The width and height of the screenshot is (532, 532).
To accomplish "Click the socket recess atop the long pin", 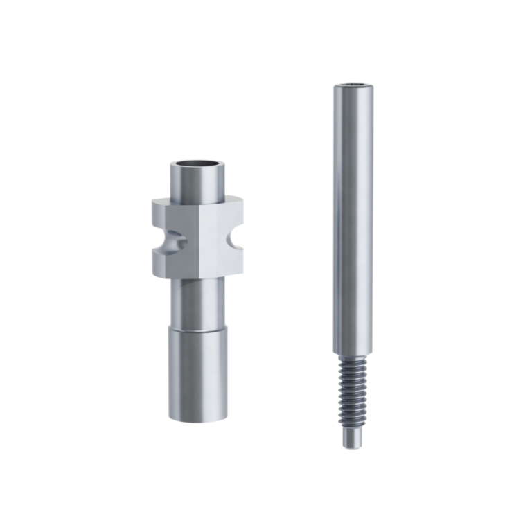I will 353,86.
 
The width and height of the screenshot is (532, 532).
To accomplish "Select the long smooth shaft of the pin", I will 352,215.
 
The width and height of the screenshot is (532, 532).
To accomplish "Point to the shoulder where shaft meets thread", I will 353,355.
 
